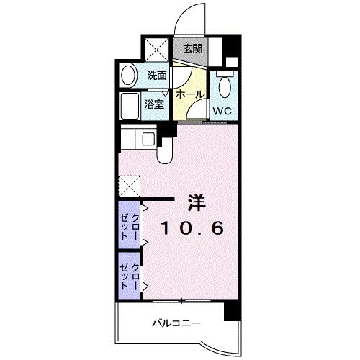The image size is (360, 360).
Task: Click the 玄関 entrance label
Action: coord(192,50)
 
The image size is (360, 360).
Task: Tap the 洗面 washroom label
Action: coord(157,74)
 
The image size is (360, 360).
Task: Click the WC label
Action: coord(222,111)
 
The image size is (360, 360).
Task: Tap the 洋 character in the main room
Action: coord(197,201)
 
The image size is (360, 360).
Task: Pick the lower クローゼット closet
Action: coord(130,274)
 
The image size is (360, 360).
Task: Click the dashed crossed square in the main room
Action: coord(130,185)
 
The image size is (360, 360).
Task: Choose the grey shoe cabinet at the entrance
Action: coord(192,50)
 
